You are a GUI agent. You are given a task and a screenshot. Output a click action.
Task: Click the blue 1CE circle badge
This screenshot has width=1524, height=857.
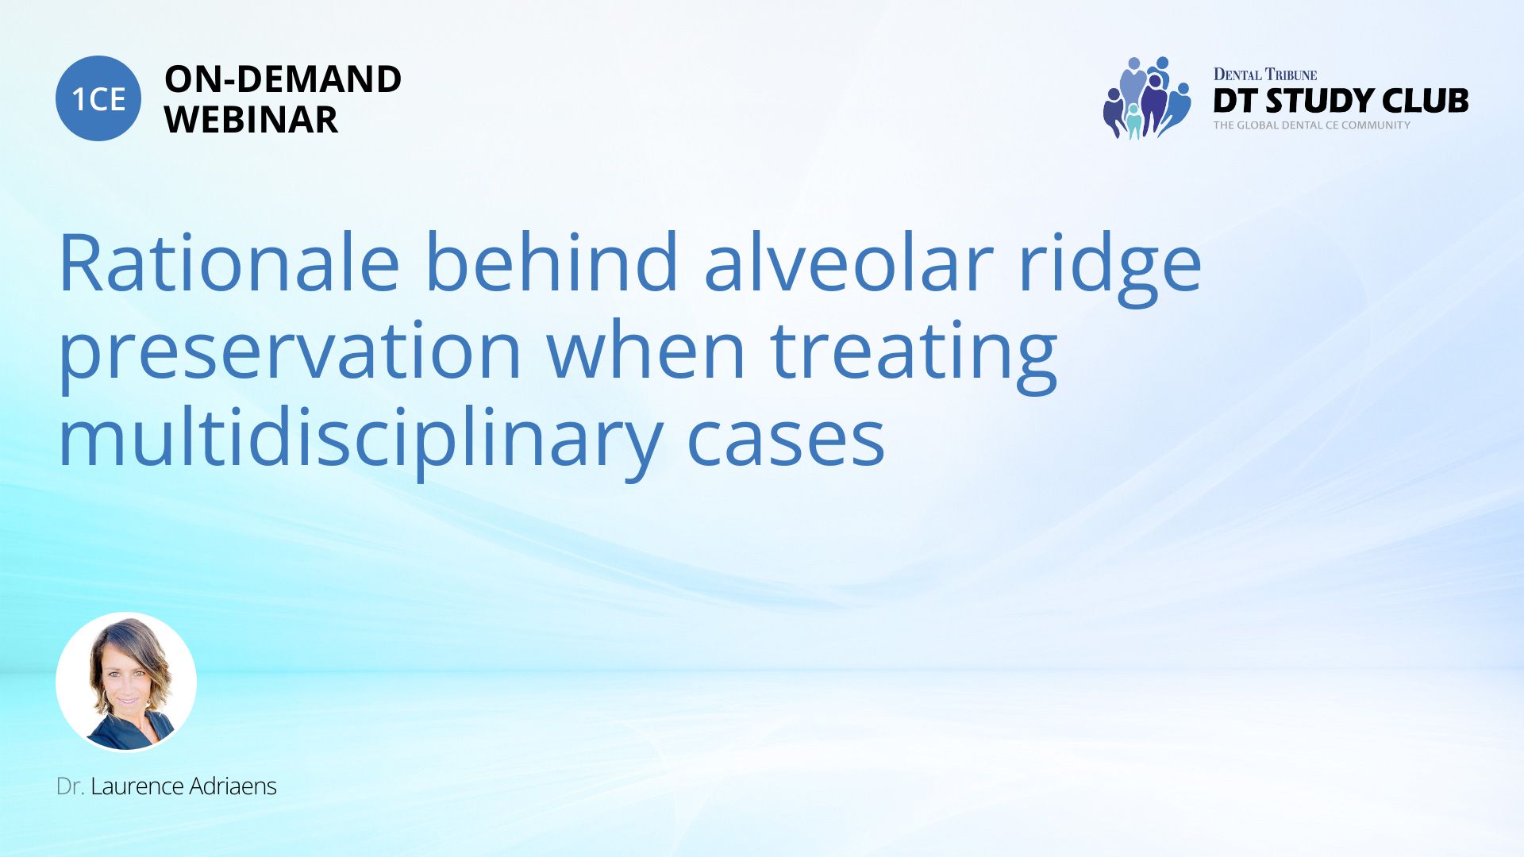tap(98, 98)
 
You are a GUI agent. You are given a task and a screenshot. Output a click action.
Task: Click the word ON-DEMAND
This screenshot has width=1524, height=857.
tap(283, 79)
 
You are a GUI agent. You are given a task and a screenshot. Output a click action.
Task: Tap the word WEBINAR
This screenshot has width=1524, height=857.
tap(251, 120)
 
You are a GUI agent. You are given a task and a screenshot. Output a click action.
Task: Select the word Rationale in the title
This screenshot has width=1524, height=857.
tap(229, 263)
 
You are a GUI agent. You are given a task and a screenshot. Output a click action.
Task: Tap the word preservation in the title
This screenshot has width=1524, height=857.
tap(290, 355)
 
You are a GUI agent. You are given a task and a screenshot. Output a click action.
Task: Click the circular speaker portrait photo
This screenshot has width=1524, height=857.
tap(126, 682)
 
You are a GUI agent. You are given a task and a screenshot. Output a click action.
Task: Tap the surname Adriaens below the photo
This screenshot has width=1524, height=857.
tap(233, 786)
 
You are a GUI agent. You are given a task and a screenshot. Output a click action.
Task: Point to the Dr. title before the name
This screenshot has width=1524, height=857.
tap(70, 786)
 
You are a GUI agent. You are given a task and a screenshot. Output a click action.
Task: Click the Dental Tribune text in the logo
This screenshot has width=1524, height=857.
tap(1265, 75)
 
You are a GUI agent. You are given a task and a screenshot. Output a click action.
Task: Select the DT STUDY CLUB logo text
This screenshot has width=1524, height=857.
tap(1341, 101)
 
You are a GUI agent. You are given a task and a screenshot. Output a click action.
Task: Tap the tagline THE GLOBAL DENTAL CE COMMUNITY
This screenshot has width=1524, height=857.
tap(1311, 125)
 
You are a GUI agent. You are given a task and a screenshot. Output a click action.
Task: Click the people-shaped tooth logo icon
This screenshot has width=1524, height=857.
tap(1147, 98)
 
